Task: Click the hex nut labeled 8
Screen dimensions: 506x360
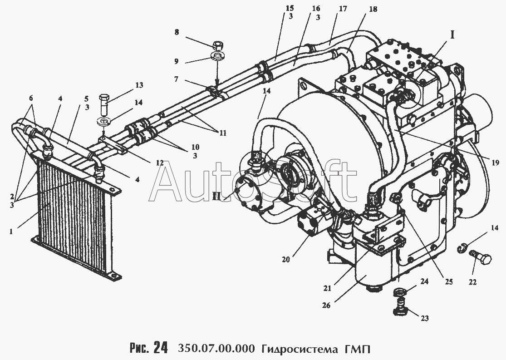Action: tap(217, 45)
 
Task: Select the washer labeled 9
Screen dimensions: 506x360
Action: tap(218, 57)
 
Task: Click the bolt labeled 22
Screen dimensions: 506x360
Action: tap(479, 258)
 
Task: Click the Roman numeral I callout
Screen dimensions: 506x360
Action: tap(452, 34)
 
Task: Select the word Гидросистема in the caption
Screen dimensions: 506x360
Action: tap(298, 349)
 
